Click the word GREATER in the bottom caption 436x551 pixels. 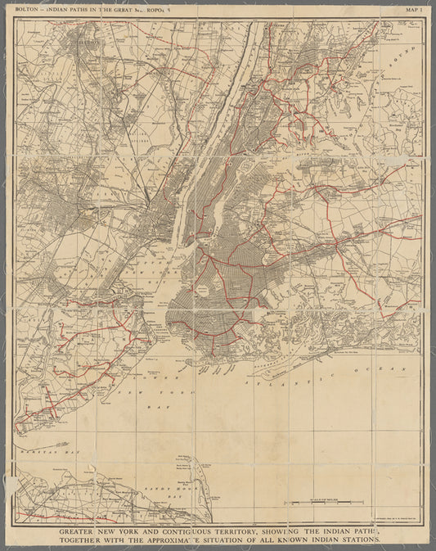tap(81, 531)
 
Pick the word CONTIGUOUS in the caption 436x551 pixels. tap(182, 531)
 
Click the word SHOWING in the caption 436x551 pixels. tap(282, 531)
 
